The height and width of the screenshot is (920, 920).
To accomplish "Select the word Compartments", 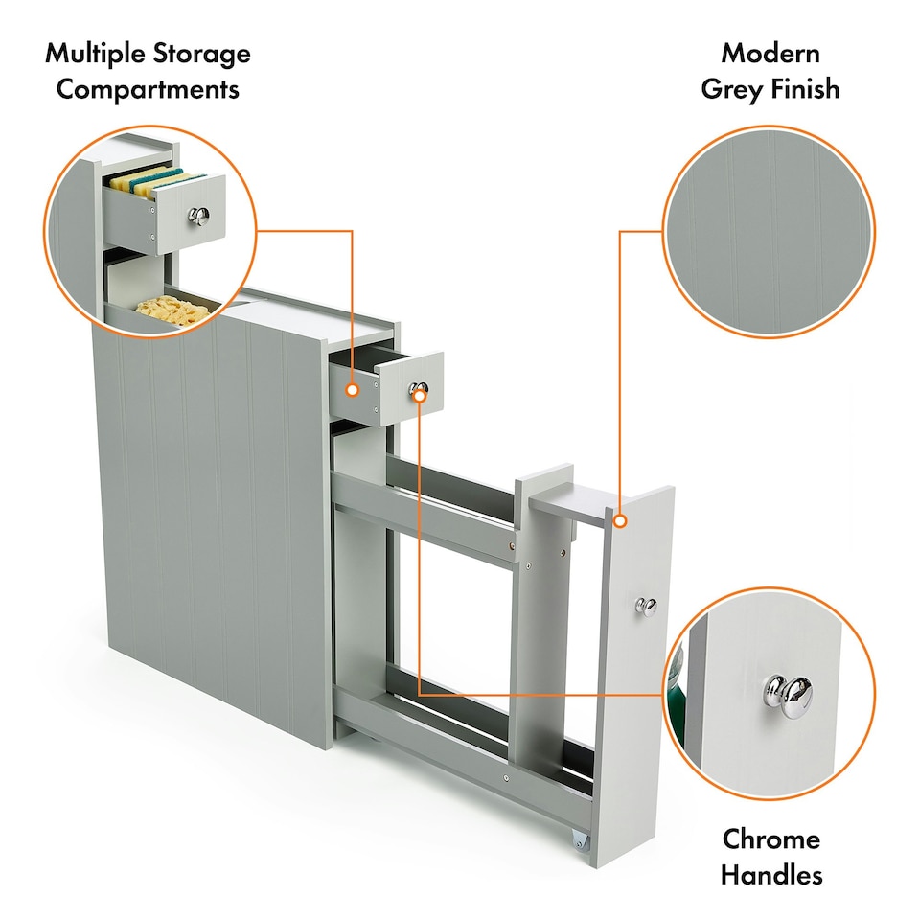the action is [x=148, y=90].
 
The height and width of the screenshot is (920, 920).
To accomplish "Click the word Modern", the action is [x=770, y=54].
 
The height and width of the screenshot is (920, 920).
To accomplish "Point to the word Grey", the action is [x=731, y=90].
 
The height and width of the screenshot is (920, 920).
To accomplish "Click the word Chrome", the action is [x=770, y=839].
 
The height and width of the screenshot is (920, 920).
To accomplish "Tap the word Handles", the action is [x=770, y=875].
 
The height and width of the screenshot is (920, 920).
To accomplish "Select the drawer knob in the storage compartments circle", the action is [x=199, y=216].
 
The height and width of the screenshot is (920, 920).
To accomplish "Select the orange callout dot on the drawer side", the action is [x=352, y=390].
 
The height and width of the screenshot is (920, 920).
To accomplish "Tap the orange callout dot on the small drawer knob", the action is [x=420, y=396].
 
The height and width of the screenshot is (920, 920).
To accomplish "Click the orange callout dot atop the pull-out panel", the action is [x=620, y=521].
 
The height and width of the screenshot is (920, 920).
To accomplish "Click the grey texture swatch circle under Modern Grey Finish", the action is [x=769, y=232].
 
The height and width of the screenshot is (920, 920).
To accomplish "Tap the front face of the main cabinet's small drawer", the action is [x=411, y=388].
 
